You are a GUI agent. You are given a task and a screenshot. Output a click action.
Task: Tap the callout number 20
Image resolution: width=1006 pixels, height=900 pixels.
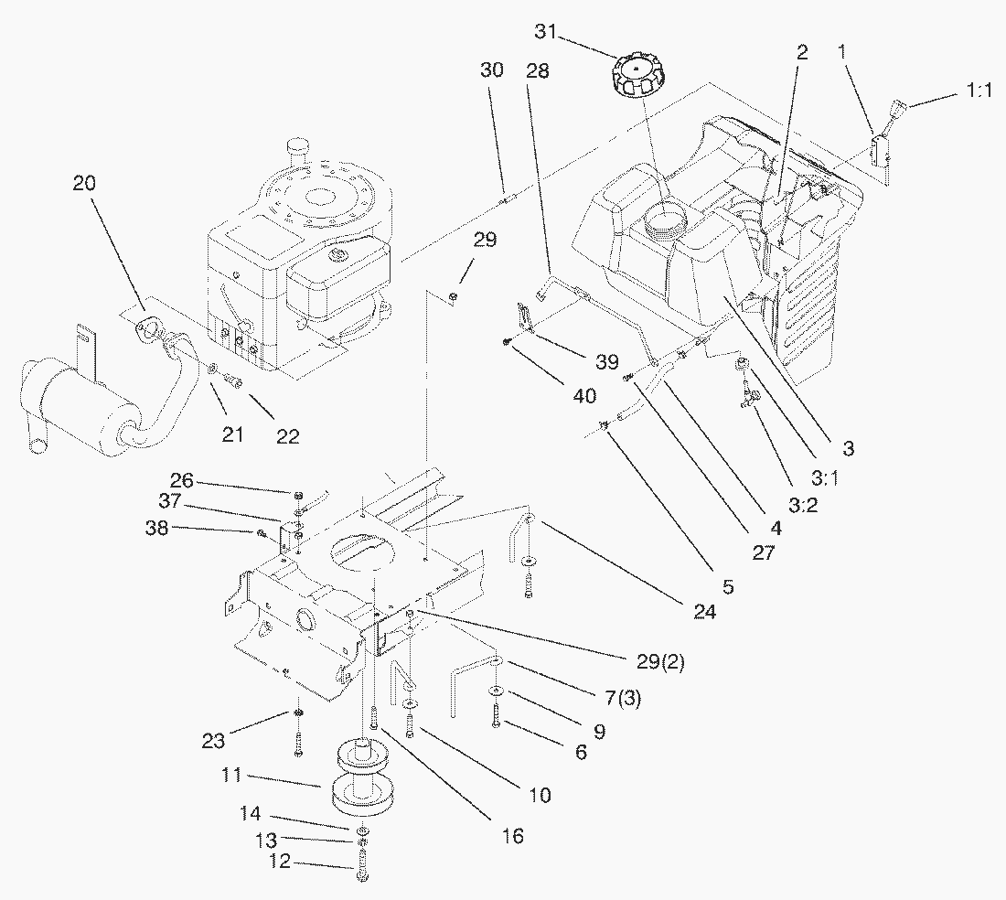[84, 183]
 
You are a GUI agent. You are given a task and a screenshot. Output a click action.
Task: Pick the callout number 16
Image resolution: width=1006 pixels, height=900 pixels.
[512, 836]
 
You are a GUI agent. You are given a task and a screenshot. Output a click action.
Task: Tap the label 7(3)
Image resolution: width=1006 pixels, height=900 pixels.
[624, 700]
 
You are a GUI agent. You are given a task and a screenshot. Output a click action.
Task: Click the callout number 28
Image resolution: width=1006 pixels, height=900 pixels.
[537, 71]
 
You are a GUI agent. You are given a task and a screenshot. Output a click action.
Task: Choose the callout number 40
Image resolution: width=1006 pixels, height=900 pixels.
[583, 396]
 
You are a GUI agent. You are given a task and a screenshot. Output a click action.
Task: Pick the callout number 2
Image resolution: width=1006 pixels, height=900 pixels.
[801, 53]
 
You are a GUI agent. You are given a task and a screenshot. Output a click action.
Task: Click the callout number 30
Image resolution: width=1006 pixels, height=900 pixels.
[491, 71]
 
